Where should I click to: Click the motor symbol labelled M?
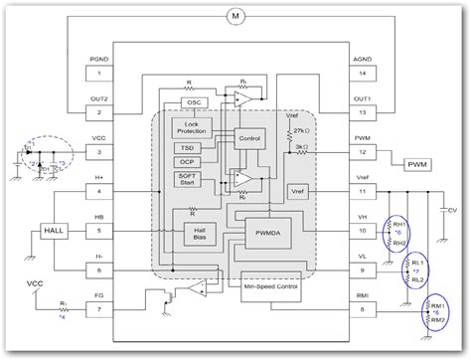pos(235,17)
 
